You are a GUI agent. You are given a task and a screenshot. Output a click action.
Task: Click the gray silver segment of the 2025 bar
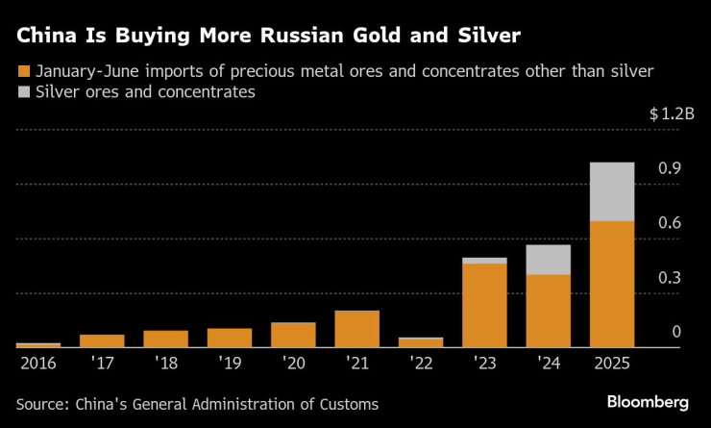[612, 191]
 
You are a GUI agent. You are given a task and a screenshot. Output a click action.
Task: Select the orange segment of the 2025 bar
[612, 284]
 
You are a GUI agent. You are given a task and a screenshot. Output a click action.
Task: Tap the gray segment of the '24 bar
[548, 260]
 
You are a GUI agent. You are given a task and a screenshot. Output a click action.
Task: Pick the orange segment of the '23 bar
[484, 305]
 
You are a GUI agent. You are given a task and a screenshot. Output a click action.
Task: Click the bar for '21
[356, 329]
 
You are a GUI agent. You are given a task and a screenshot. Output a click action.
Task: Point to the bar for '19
[229, 338]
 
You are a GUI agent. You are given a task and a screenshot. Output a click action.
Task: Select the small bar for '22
[421, 342]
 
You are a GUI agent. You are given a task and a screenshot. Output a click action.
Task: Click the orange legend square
[24, 71]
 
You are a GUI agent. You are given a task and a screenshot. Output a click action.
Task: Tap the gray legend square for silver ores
[24, 92]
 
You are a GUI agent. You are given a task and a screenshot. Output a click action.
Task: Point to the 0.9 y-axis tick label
[670, 168]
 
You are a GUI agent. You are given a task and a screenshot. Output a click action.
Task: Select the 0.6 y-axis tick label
[670, 223]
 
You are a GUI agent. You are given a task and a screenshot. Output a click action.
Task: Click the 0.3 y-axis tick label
[670, 278]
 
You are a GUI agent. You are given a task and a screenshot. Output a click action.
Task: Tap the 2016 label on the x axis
[38, 364]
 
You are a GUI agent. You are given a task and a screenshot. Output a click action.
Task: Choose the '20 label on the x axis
[293, 364]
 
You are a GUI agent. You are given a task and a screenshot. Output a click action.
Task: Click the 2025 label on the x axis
[612, 364]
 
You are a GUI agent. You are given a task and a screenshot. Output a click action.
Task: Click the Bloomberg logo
[650, 401]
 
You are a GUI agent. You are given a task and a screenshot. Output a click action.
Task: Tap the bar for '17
[102, 340]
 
